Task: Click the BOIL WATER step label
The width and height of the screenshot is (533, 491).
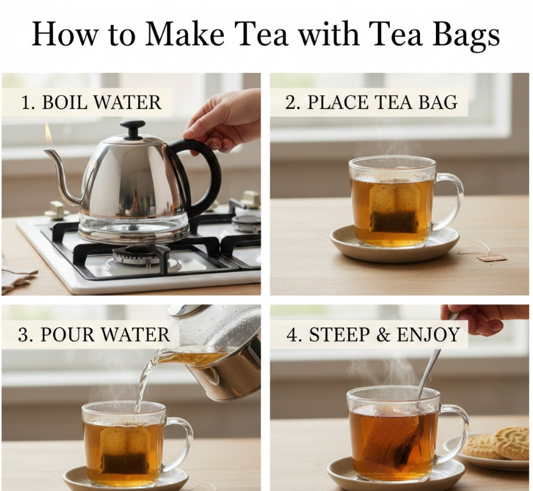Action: (91, 102)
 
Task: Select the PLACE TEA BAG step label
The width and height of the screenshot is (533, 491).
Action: (371, 102)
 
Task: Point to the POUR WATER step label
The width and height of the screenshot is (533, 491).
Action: (94, 334)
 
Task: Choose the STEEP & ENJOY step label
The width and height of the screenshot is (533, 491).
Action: (373, 334)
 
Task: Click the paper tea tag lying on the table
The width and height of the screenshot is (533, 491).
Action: (492, 257)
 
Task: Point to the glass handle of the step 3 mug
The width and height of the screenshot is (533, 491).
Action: (180, 443)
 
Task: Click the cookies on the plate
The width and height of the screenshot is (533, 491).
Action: (500, 442)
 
